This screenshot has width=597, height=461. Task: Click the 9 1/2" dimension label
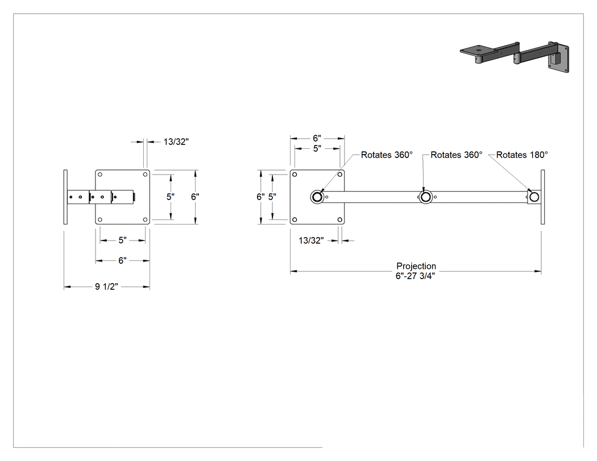[107, 286]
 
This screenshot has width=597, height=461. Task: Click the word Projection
[416, 266]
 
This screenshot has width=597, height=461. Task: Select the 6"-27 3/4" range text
[416, 276]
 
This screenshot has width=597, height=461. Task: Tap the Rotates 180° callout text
[522, 155]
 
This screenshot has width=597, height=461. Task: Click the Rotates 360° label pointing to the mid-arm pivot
[457, 155]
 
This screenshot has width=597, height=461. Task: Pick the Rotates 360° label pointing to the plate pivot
[387, 155]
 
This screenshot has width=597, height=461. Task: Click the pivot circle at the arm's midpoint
[426, 197]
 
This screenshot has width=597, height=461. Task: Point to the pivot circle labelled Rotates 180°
[534, 197]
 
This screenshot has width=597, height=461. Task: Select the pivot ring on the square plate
[317, 197]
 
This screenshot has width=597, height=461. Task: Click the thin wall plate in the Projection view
[542, 197]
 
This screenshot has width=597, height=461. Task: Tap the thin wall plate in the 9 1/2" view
[65, 197]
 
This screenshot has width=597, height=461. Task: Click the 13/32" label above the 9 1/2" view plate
[176, 142]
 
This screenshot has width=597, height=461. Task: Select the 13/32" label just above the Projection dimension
[311, 240]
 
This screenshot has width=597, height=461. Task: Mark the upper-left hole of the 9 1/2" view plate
[100, 175]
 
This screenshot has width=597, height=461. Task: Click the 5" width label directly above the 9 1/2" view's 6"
[122, 240]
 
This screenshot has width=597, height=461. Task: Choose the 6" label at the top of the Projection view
[317, 138]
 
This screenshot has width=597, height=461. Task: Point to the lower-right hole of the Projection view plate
[339, 219]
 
